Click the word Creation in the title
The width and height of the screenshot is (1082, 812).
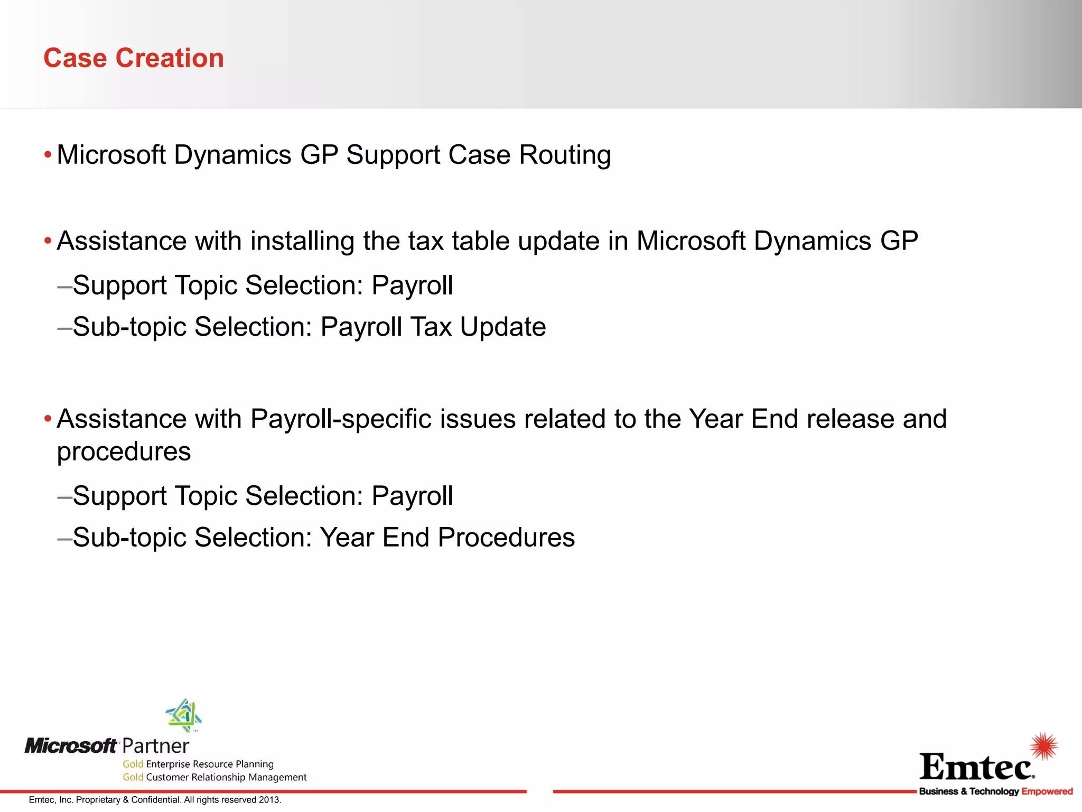(x=170, y=58)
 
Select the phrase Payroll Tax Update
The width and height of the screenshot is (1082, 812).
(x=433, y=327)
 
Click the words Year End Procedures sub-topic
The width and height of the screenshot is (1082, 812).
(x=447, y=538)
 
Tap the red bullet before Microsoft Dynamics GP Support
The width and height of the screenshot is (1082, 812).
(x=48, y=155)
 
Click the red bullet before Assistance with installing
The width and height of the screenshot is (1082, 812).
(x=48, y=242)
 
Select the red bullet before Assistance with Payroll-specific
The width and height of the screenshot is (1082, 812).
(x=48, y=420)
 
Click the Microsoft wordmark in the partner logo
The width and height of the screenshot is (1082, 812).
(x=71, y=746)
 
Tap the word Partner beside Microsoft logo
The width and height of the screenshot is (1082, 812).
(x=155, y=746)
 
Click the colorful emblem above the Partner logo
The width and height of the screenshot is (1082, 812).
(x=184, y=715)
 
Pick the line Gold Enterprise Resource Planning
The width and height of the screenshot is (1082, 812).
(x=198, y=764)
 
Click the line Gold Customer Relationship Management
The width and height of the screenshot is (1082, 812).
(x=214, y=777)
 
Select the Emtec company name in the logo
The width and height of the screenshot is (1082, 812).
(x=976, y=767)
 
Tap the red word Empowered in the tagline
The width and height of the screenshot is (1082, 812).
(x=1047, y=791)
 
